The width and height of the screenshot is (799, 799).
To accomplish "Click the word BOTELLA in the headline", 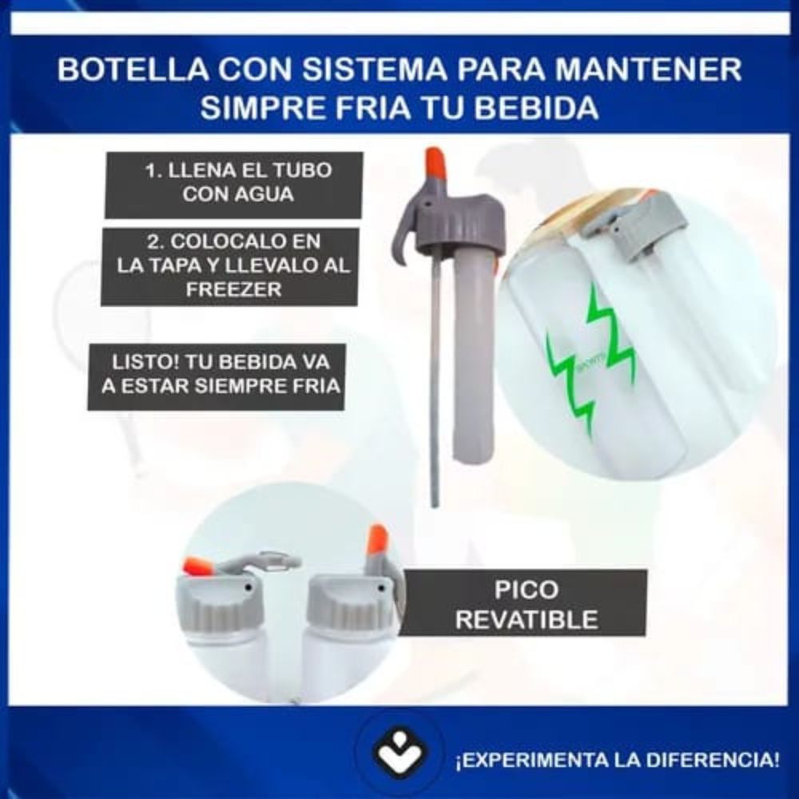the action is click(x=133, y=70).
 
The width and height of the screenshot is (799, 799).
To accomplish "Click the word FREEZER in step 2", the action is click(x=234, y=289).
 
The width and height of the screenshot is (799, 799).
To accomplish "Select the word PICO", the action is click(x=527, y=590).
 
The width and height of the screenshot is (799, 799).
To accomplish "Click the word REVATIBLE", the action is click(x=527, y=620).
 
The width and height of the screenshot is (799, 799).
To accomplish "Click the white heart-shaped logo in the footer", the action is click(x=399, y=755).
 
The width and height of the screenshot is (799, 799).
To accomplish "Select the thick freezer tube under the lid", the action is click(x=472, y=355).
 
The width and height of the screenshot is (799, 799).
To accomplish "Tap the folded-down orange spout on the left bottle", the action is click(x=197, y=566).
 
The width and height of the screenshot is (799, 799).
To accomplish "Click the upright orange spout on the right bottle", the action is click(x=378, y=539).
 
